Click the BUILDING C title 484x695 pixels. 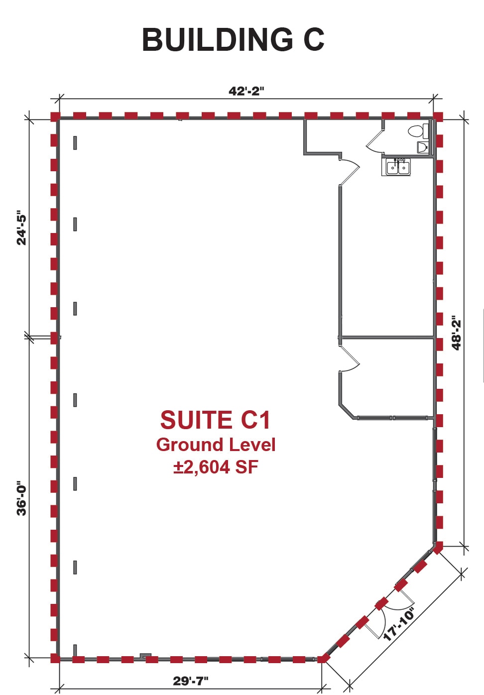coord(233,40)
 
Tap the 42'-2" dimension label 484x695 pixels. coord(246,91)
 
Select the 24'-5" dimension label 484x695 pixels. coord(22,229)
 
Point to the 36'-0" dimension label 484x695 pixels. coord(22,498)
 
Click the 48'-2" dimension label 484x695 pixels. coord(457,333)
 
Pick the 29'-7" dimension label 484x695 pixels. coord(191,681)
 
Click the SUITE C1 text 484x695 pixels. coord(215,420)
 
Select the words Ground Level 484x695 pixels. coord(216,445)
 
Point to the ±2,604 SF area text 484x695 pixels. coord(216,467)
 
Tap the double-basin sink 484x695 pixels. coord(398,167)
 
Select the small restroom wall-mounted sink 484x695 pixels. coord(423,147)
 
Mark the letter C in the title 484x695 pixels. coord(314,40)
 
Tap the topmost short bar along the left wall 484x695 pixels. coord(75,143)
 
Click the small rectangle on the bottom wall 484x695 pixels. coord(145,656)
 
